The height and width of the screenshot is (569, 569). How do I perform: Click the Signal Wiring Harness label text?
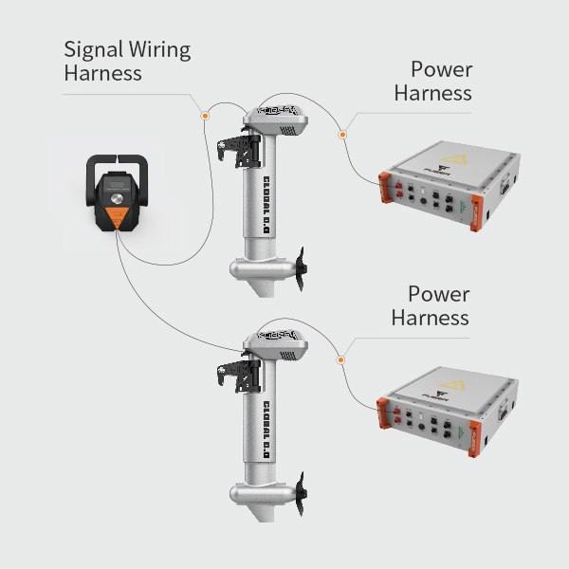pyautogui.click(x=127, y=61)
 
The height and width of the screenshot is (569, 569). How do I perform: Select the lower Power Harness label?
pyautogui.click(x=431, y=305)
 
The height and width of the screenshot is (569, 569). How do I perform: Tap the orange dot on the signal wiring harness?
pyautogui.click(x=204, y=115)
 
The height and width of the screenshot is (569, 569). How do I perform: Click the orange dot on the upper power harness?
pyautogui.click(x=342, y=135)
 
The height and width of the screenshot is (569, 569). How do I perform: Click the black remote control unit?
pyautogui.click(x=117, y=193)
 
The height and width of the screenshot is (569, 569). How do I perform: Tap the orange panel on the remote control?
pyautogui.click(x=117, y=217)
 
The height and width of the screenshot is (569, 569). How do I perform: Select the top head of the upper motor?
pyautogui.click(x=276, y=117)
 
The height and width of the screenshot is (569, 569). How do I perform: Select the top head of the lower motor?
pyautogui.click(x=276, y=344)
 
